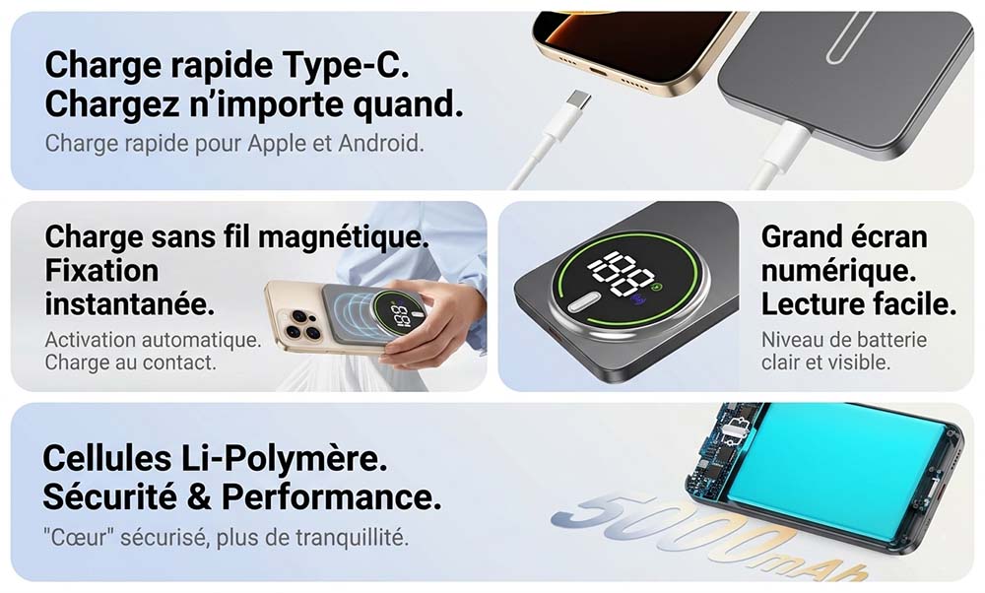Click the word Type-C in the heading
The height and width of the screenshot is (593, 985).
(346, 66)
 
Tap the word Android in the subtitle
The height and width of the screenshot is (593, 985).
(380, 143)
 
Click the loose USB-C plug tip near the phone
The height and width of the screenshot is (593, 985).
(576, 100)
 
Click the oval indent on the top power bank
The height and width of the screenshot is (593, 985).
(849, 37)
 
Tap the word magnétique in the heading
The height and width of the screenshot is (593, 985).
(344, 238)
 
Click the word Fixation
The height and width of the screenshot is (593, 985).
(101, 271)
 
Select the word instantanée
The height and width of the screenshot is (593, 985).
(130, 304)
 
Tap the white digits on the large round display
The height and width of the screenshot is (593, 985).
(622, 273)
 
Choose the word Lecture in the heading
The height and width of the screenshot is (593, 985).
(806, 304)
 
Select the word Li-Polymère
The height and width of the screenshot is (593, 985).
(284, 459)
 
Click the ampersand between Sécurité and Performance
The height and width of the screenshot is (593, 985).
(199, 497)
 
